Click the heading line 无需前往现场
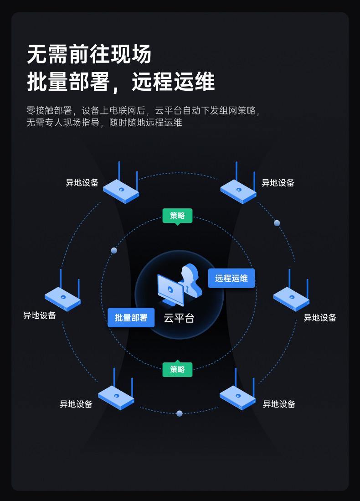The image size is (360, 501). tap(89, 55)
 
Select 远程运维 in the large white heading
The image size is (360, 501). tap(173, 82)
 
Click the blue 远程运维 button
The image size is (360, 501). tap(231, 278)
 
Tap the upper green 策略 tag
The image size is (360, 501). tap(177, 216)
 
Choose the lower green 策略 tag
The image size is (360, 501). tap(177, 369)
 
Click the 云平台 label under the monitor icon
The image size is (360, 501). tap(179, 318)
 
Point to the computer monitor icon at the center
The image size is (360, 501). tap(170, 290)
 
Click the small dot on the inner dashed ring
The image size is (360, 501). tap(114, 250)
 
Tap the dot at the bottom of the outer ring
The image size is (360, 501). tap(180, 413)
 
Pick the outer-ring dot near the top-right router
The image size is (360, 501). tap(277, 223)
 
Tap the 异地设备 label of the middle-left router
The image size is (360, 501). tap(40, 315)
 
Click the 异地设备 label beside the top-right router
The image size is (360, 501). tap(278, 183)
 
